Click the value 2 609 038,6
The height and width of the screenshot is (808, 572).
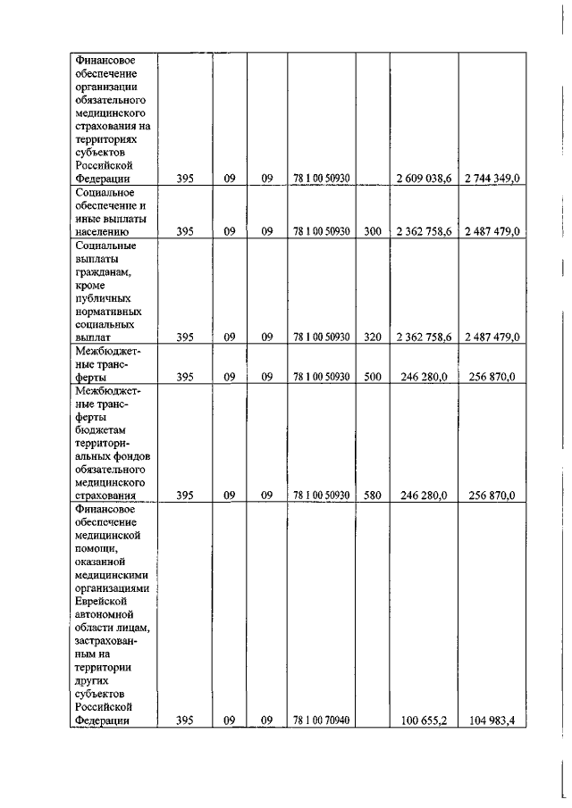[424, 180]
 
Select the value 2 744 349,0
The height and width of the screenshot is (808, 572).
[492, 180]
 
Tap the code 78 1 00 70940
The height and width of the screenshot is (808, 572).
[322, 721]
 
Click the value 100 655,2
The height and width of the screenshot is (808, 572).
[424, 721]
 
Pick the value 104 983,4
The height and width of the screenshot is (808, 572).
[492, 721]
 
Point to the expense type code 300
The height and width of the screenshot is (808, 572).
[373, 232]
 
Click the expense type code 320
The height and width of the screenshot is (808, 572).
[373, 337]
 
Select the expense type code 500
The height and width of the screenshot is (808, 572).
[373, 377]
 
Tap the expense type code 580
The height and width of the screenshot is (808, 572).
[373, 496]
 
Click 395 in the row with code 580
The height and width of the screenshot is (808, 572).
[185, 496]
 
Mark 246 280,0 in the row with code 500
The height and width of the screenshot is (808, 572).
[424, 377]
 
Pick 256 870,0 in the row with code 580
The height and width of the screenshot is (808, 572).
[492, 496]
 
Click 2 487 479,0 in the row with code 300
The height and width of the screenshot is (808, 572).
[492, 232]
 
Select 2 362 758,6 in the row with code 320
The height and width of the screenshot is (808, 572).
[424, 337]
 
